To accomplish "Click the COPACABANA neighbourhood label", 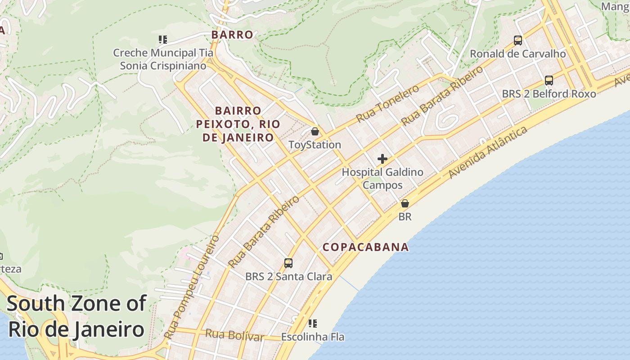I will click(x=365, y=247).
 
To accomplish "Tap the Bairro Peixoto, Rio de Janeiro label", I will click(x=238, y=124).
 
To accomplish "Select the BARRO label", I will click(x=232, y=35).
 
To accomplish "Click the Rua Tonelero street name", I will click(x=387, y=103).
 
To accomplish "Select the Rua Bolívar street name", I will click(x=234, y=335).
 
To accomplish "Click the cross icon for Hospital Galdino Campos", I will click(x=382, y=159).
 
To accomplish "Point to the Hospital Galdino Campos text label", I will click(x=382, y=178).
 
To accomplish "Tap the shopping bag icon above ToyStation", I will click(x=315, y=131).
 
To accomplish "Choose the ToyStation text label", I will click(x=315, y=144).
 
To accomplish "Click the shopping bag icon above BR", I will click(x=405, y=203).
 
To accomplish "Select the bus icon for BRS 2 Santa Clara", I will click(x=288, y=263).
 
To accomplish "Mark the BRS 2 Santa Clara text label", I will click(x=288, y=276).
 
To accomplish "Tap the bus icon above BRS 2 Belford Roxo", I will click(x=549, y=81).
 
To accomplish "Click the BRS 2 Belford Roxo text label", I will click(x=549, y=94).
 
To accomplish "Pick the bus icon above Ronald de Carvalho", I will click(x=518, y=40).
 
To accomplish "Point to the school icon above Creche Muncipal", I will click(x=163, y=40).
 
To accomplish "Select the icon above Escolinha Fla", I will click(x=313, y=323).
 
